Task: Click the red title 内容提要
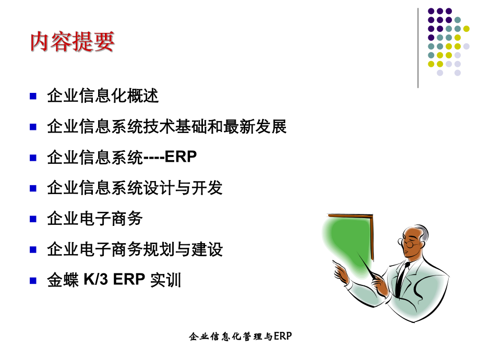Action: point(72,42)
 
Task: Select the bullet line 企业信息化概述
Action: point(102,96)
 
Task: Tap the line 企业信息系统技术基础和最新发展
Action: point(166,127)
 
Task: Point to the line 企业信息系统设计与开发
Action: point(135,188)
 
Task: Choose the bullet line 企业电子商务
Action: point(94,219)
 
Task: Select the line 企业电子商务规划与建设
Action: point(135,249)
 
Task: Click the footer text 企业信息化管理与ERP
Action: point(240,337)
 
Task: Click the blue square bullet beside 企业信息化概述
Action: point(33,96)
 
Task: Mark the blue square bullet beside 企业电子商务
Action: point(33,219)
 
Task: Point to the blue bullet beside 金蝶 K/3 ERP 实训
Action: point(33,280)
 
